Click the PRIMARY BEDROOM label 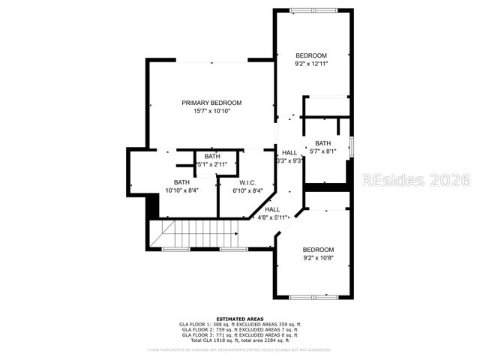click(x=211, y=103)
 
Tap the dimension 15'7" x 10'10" click(x=211, y=112)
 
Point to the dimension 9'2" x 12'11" click(x=311, y=64)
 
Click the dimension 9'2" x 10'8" click(x=318, y=259)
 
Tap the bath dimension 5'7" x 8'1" click(x=322, y=151)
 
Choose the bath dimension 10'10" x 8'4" click(x=181, y=190)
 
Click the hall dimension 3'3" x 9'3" click(x=289, y=160)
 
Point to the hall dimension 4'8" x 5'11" click(x=272, y=217)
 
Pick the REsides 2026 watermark click(x=416, y=181)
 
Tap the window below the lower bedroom click(x=313, y=297)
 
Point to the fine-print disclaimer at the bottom click(x=239, y=349)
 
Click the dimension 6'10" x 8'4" click(x=248, y=190)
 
